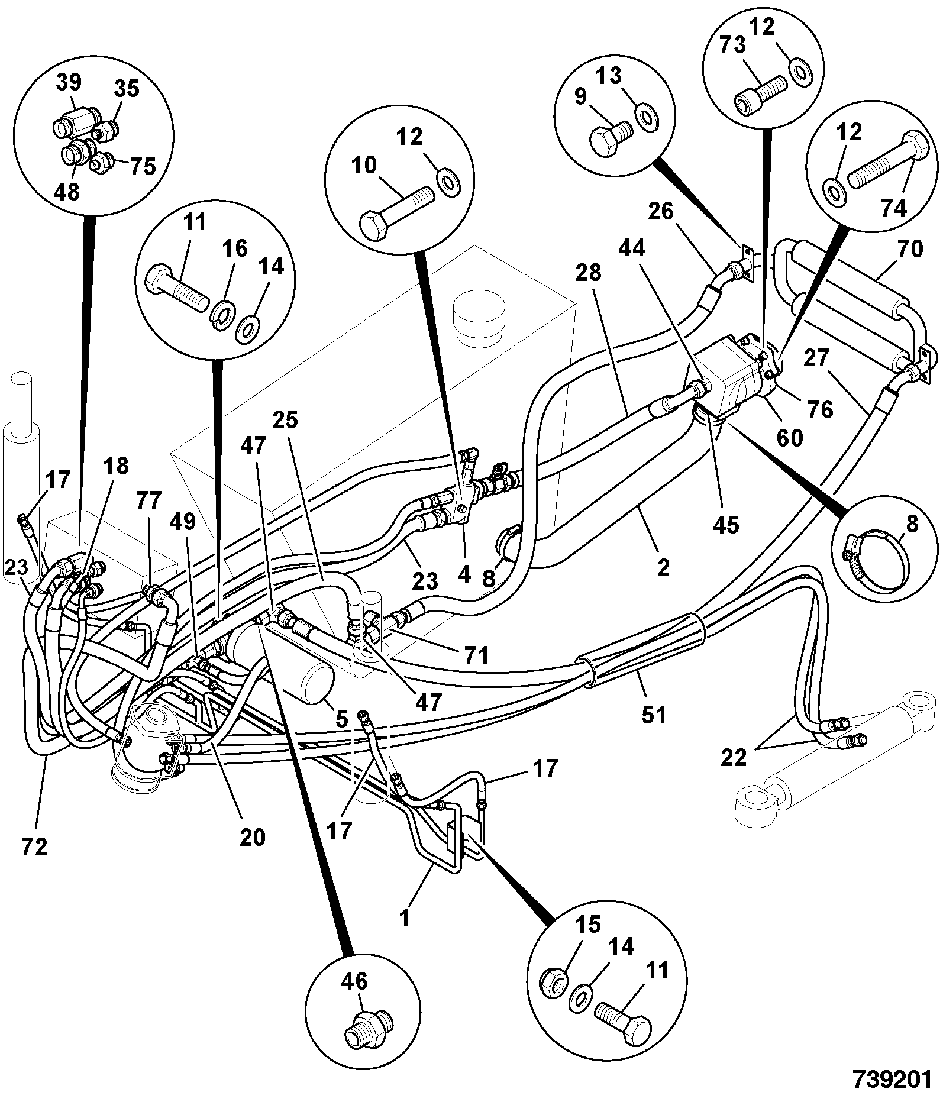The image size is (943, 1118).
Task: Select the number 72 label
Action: (x=34, y=847)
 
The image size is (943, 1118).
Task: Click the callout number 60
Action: (x=789, y=438)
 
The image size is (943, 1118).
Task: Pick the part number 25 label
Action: (x=285, y=420)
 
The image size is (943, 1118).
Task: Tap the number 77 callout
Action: (x=148, y=502)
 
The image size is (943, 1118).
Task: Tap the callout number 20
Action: (x=253, y=838)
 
